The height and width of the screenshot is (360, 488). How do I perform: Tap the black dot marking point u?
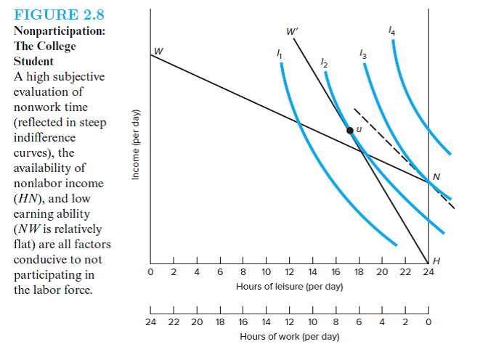point(350,131)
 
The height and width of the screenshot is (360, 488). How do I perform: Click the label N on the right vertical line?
point(436,176)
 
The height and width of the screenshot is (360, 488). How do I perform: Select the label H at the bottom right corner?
point(436,261)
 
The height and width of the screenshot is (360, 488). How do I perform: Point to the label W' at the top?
point(292,31)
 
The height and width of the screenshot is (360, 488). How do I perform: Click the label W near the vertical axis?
point(158,50)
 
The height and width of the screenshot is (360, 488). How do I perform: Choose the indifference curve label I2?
point(324,65)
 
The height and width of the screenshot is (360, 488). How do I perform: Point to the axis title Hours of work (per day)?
point(289,336)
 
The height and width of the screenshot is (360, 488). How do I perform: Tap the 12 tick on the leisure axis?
point(289,273)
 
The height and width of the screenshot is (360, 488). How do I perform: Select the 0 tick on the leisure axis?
point(150,273)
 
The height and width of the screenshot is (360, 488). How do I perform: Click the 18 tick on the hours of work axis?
point(219,322)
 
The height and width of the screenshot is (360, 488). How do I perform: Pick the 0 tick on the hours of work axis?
point(428,322)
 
